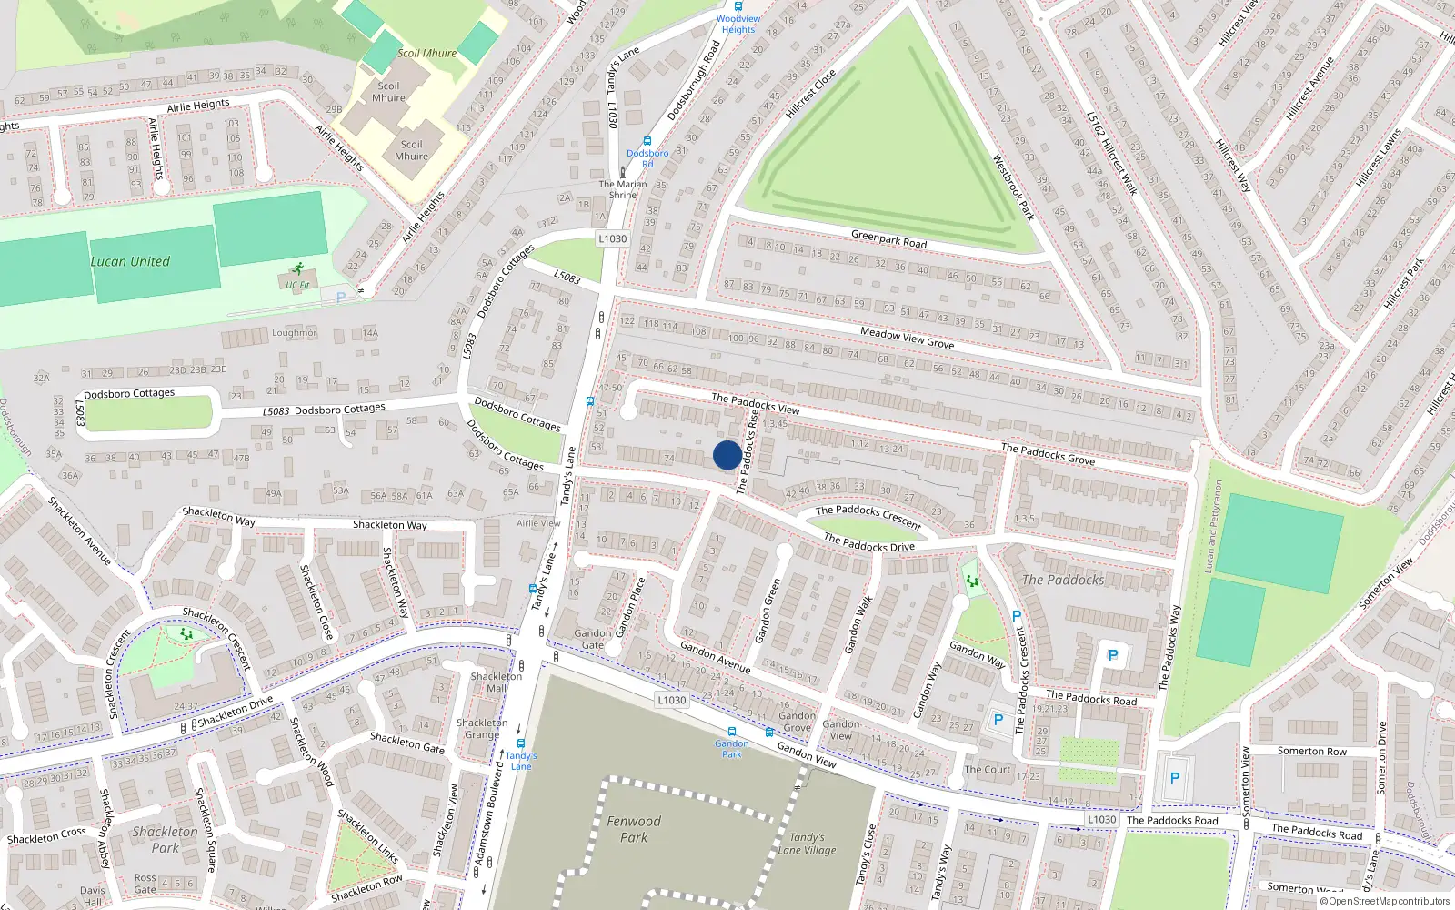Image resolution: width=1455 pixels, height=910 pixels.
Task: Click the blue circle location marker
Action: click(727, 455)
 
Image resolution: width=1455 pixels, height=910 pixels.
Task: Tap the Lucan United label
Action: click(130, 262)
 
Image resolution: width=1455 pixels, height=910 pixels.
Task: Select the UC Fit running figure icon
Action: click(297, 269)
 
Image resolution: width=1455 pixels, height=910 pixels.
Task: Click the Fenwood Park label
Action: click(634, 829)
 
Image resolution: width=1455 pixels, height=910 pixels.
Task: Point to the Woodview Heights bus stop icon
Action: click(738, 6)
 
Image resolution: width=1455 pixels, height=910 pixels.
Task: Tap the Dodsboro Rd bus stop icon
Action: click(647, 142)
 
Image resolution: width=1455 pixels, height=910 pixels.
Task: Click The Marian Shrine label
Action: click(623, 189)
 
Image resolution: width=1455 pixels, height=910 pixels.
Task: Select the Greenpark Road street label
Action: click(888, 239)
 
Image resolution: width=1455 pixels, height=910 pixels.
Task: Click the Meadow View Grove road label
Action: click(907, 338)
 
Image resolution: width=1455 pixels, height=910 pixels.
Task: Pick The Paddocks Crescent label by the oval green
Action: click(868, 516)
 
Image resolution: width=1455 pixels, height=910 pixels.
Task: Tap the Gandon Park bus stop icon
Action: click(732, 732)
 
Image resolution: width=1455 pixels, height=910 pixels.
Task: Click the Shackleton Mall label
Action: click(496, 682)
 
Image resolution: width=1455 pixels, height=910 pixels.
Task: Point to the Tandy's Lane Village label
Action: click(807, 844)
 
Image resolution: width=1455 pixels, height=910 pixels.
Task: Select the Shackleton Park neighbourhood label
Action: click(165, 839)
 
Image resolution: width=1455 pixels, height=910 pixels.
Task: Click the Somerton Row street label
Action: click(1311, 751)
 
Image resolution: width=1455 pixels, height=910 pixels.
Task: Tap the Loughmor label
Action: click(295, 333)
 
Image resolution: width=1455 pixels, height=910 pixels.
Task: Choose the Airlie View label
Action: click(538, 523)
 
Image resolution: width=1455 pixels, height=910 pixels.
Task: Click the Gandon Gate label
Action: click(592, 639)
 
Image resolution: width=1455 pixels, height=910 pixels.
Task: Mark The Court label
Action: click(988, 769)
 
